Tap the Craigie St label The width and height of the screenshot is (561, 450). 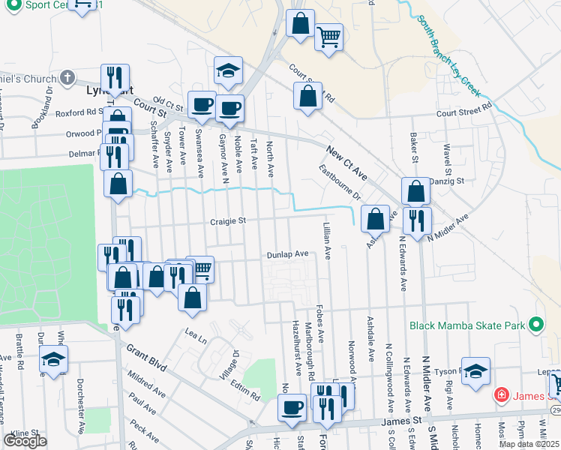coord(228,221)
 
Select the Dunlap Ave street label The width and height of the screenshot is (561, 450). coord(288,255)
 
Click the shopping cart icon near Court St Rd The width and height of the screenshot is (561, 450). coord(328,36)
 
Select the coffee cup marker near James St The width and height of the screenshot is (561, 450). coord(292,408)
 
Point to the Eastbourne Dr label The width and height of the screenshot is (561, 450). coord(340,182)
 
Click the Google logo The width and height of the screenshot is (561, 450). coord(25,441)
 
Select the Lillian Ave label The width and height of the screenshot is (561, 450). coord(327,241)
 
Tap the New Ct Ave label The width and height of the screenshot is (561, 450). coord(346,163)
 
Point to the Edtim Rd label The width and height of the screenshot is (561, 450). coord(245,391)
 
